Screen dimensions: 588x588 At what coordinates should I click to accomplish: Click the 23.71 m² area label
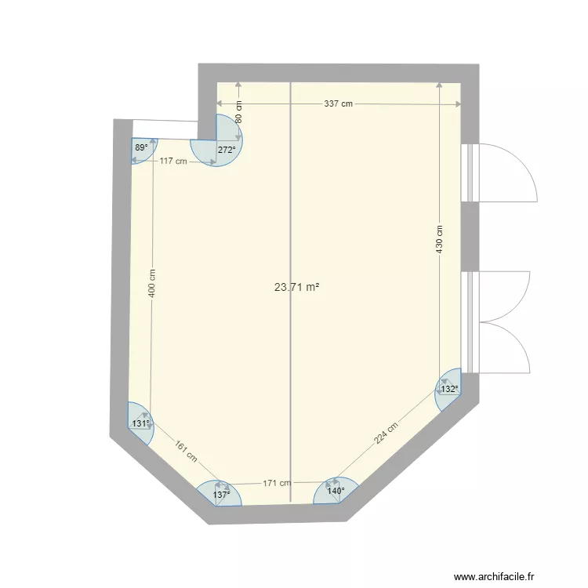coord(296,287)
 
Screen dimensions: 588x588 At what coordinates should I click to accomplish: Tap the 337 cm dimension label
coord(338,103)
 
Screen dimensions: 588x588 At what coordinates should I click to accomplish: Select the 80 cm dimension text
coord(239,112)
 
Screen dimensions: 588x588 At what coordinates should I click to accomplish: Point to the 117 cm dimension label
coord(173,162)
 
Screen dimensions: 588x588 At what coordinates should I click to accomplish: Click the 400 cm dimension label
coord(152,283)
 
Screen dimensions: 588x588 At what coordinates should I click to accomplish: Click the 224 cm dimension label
coord(386,434)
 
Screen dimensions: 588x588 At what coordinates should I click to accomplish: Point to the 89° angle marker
coord(140,147)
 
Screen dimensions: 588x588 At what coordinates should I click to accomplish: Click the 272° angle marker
coord(227,149)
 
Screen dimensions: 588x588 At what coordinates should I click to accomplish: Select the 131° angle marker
coord(140,424)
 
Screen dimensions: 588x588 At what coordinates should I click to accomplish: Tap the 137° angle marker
coord(221,495)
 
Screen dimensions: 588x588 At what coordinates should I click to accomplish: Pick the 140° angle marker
coord(336,492)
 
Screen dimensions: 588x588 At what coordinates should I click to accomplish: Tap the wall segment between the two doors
coord(469,236)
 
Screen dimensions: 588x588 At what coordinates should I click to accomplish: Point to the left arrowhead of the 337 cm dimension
coord(220,103)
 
